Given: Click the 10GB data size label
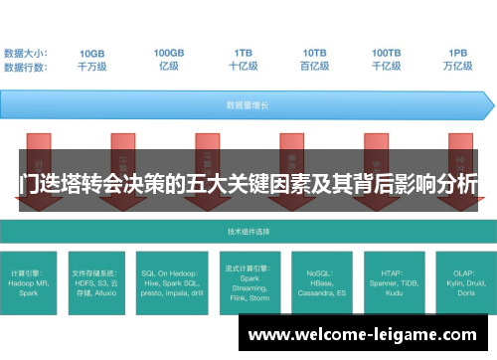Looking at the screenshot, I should click(91, 53).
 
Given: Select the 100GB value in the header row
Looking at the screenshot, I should click(168, 53).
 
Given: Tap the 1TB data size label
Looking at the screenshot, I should click(243, 53).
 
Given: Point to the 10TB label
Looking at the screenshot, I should click(315, 53).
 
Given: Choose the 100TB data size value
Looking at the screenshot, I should click(387, 53).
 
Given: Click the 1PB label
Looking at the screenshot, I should click(457, 53).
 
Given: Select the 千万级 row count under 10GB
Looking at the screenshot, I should click(91, 67).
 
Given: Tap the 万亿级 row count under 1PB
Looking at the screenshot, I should click(457, 67).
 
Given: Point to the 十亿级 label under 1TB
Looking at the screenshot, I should click(243, 67).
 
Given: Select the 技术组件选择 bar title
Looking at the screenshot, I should click(248, 232).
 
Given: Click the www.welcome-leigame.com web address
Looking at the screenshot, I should click(364, 334).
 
